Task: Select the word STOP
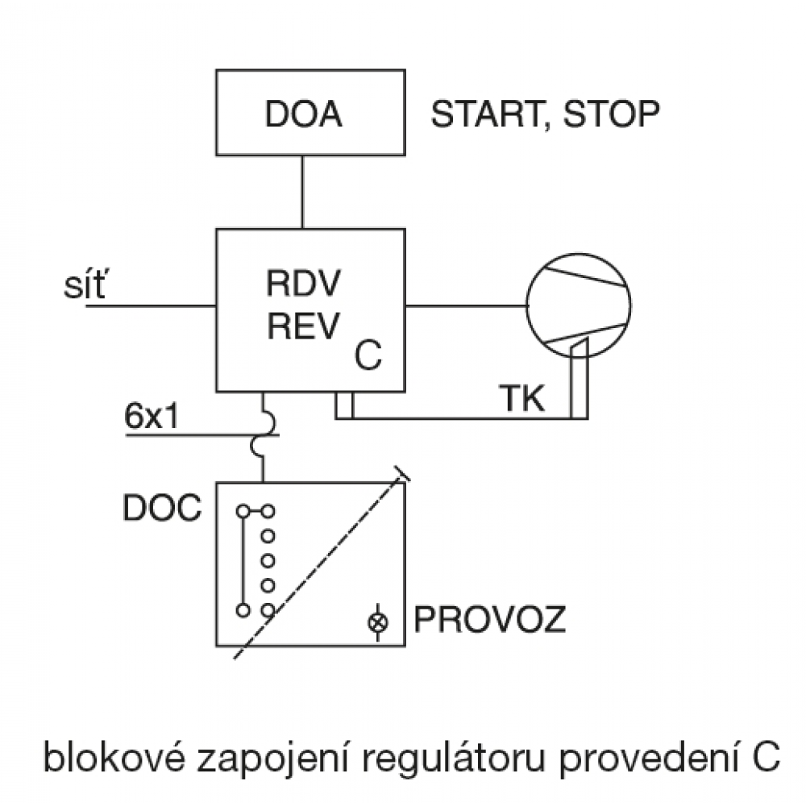click(610, 114)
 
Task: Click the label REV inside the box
click(302, 326)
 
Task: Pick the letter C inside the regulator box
click(368, 355)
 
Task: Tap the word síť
click(82, 286)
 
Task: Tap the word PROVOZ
click(489, 621)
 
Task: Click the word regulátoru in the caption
click(476, 758)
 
